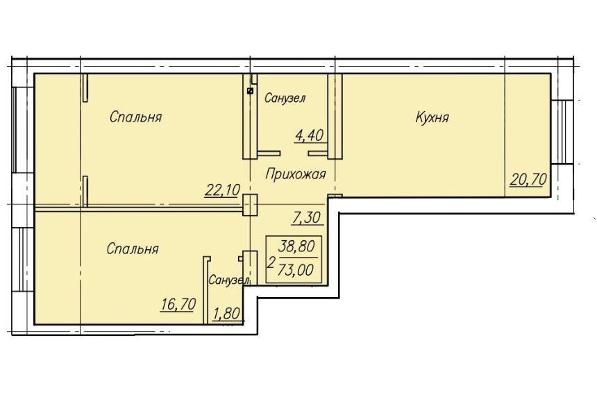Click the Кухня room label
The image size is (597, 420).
[432, 117]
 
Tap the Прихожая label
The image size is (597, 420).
[296, 174]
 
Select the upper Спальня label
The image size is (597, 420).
[135, 117]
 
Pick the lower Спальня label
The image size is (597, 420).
[133, 249]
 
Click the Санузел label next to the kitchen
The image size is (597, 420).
[285, 99]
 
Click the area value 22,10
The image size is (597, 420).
[222, 190]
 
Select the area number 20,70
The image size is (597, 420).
[528, 179]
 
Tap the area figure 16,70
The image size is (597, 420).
[178, 304]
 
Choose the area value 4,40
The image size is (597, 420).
[309, 135]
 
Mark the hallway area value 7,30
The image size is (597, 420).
[307, 218]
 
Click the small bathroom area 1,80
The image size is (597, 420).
[227, 314]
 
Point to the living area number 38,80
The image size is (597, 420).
[296, 246]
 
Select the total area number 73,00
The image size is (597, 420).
[296, 270]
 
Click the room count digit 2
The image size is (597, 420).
[271, 262]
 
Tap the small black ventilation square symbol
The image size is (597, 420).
[250, 91]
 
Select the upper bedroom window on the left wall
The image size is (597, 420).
[23, 131]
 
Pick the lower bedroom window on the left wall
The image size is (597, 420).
[23, 260]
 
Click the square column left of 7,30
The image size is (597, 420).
[250, 205]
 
